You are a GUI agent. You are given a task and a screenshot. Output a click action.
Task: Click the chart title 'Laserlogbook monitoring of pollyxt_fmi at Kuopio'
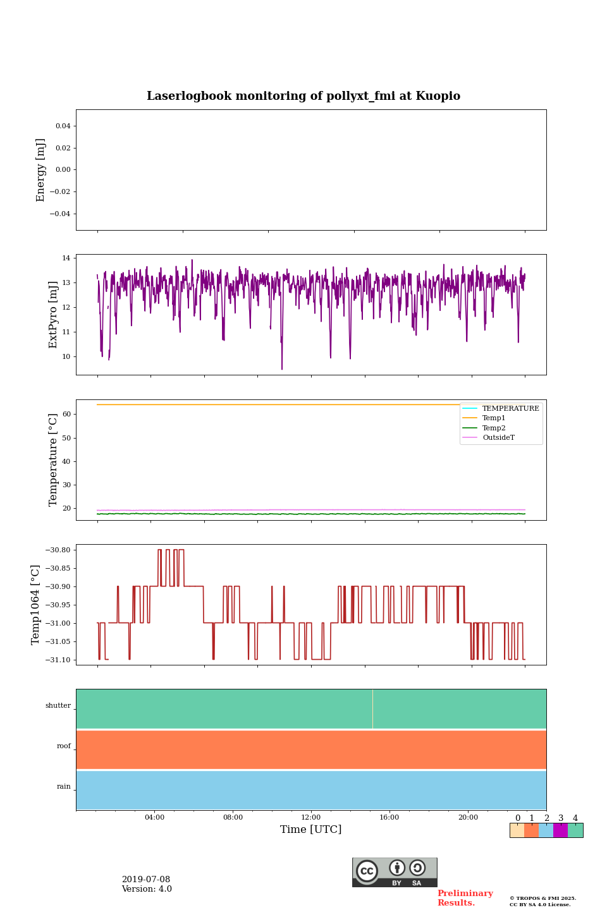click(x=303, y=96)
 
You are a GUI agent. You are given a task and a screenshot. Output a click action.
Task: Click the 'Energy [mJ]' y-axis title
click(x=41, y=170)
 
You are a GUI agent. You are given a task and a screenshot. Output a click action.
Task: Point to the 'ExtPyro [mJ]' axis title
click(x=53, y=315)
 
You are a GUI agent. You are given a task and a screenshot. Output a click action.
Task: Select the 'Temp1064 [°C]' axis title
click(x=35, y=605)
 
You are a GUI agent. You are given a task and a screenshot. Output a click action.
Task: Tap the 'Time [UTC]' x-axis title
click(x=310, y=829)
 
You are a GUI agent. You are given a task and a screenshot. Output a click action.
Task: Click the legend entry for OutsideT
click(x=498, y=437)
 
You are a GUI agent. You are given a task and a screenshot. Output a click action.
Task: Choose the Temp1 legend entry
click(x=494, y=418)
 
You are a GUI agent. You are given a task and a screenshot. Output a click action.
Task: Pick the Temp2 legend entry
click(x=494, y=428)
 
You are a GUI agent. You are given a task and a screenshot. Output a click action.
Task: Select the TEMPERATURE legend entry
click(x=510, y=408)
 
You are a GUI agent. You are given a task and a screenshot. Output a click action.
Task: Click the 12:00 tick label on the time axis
click(x=310, y=818)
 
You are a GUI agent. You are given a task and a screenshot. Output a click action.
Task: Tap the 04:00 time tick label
click(x=154, y=818)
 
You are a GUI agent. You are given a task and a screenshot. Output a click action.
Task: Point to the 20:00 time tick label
click(x=468, y=818)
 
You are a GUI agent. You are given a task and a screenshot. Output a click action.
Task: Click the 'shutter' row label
click(x=58, y=705)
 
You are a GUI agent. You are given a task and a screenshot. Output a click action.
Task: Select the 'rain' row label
click(x=64, y=786)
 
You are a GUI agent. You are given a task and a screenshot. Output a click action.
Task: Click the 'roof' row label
click(x=64, y=746)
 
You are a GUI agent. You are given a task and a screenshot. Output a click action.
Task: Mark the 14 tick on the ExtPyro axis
click(x=66, y=258)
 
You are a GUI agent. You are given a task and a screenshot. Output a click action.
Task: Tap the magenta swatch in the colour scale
click(x=560, y=830)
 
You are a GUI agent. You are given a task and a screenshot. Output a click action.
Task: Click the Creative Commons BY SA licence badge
click(x=395, y=872)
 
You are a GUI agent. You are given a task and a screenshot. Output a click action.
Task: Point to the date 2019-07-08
click(x=146, y=880)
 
